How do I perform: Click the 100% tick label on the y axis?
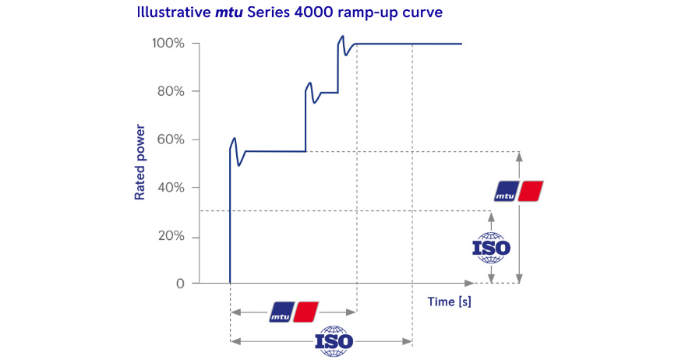(169, 44)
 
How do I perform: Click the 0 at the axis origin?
(180, 284)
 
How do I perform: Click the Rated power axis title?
(140, 161)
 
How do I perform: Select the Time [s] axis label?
(449, 301)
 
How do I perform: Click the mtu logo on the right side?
(519, 191)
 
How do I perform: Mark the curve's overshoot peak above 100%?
(342, 36)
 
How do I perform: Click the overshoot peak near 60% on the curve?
(235, 139)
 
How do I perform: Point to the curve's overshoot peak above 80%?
(310, 83)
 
